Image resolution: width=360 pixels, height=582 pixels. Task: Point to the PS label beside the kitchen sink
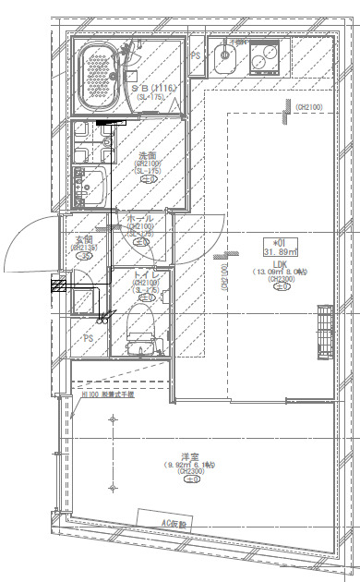[196, 56]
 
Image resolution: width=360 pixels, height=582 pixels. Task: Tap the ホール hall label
[140, 218]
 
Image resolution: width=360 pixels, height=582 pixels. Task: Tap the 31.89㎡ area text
[279, 251]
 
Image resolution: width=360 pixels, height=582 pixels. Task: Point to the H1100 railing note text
[107, 394]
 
